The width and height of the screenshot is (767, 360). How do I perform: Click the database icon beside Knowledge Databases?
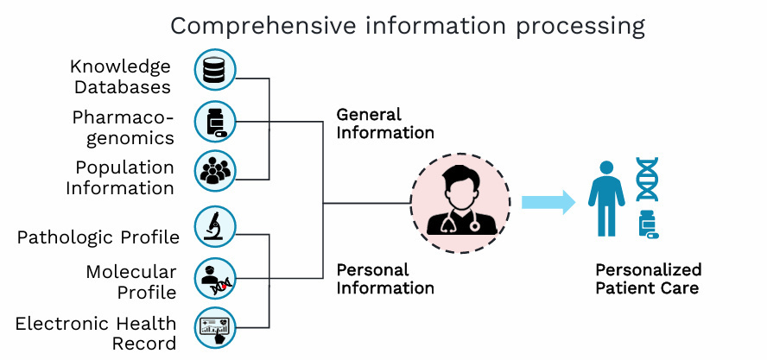tap(215, 71)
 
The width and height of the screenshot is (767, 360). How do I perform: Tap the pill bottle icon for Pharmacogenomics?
tap(215, 122)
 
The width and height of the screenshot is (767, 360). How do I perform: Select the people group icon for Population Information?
tap(215, 172)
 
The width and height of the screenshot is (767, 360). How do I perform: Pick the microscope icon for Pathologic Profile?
tap(215, 227)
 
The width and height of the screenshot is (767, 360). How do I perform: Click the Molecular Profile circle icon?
tap(215, 278)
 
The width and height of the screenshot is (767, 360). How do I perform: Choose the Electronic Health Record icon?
tap(215, 329)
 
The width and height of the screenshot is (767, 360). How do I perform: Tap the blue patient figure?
tap(606, 197)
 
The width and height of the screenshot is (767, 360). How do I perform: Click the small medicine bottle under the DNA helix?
tap(647, 224)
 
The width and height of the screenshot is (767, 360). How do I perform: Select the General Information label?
tap(384, 123)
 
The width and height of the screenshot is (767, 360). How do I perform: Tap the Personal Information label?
tap(384, 279)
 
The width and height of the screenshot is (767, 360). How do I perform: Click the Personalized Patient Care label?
tap(648, 279)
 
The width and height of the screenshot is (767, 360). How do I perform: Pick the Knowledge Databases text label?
tap(121, 76)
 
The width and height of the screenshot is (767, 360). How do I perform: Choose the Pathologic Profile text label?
tap(98, 237)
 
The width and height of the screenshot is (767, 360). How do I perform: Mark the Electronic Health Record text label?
tap(96, 333)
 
